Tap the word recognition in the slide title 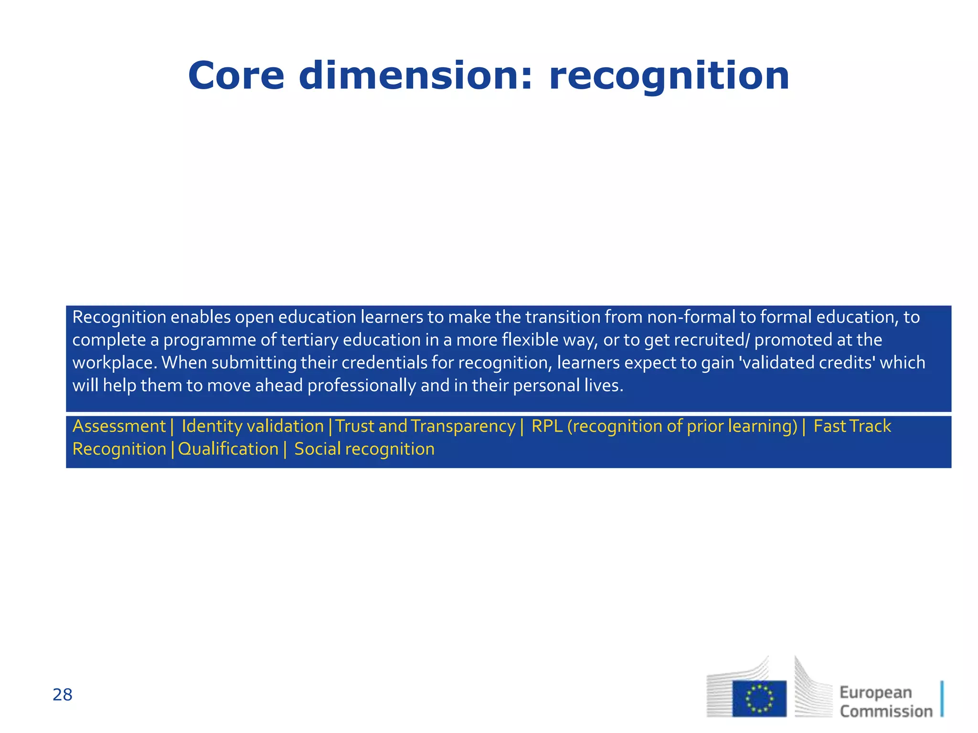(x=669, y=76)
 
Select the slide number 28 (x=63, y=695)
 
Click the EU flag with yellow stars (x=759, y=699)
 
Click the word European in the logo (x=876, y=692)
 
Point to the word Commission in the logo (x=886, y=711)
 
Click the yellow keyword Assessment (x=119, y=426)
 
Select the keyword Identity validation (x=253, y=426)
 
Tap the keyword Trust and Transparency (x=425, y=426)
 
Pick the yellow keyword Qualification (x=228, y=449)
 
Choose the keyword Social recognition (x=364, y=449)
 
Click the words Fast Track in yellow (x=852, y=426)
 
